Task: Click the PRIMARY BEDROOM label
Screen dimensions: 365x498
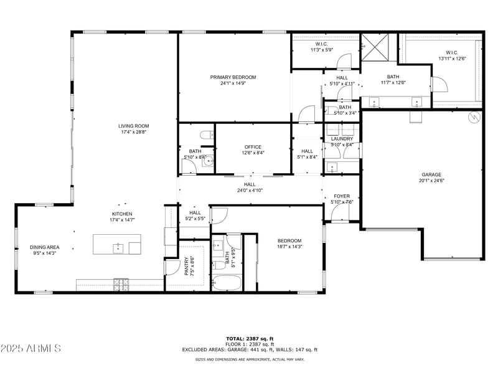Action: tap(233, 77)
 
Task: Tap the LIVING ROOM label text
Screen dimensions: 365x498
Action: tap(133, 126)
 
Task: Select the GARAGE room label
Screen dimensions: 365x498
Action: tap(431, 174)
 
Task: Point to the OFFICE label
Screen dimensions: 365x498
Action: tap(253, 147)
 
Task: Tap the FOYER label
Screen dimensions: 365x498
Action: tap(342, 196)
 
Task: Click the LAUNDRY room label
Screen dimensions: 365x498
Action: tap(342, 139)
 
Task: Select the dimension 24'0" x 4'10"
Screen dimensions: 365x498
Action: tap(249, 191)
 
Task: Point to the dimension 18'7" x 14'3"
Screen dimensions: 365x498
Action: tap(289, 247)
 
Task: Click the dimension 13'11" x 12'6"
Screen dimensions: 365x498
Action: tap(453, 59)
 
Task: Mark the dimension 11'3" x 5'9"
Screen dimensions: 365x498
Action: tap(322, 50)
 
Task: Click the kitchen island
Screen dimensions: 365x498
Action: tap(117, 244)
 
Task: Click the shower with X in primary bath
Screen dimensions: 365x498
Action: tap(375, 47)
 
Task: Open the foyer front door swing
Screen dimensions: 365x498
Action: tap(340, 214)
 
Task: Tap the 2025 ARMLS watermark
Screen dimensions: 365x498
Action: tap(31, 348)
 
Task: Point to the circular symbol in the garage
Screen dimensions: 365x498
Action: tap(473, 116)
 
